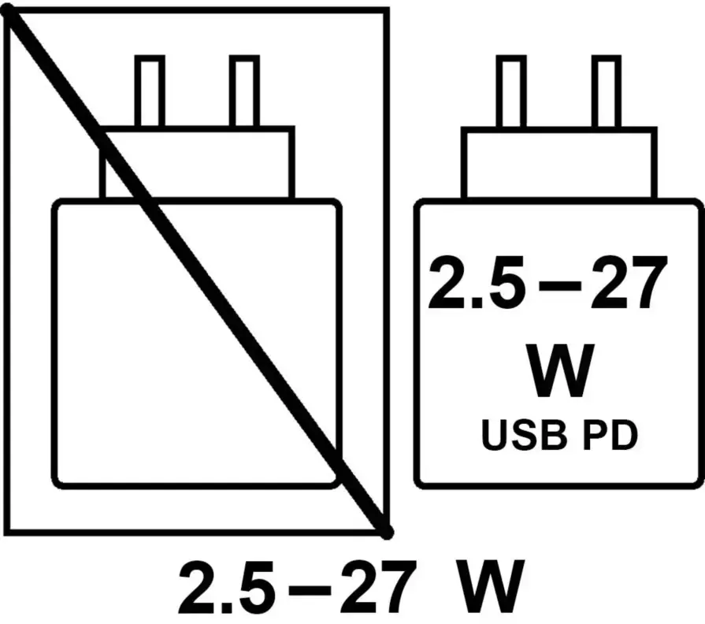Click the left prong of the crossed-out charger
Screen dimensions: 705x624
click(x=150, y=91)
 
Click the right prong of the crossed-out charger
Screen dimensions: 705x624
click(x=244, y=91)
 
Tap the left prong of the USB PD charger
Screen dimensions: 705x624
click(x=511, y=91)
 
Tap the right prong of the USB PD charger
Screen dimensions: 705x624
click(x=607, y=91)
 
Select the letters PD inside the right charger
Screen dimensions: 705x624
click(x=610, y=435)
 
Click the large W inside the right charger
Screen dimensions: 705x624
click(x=561, y=371)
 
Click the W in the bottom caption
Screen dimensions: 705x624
click(x=491, y=587)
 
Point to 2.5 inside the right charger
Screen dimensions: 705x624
click(x=476, y=282)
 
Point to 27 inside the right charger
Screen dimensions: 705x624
click(x=629, y=282)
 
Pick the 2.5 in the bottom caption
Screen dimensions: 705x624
click(x=227, y=588)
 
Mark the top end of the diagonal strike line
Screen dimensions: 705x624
click(x=8, y=12)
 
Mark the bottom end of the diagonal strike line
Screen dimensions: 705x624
click(x=385, y=532)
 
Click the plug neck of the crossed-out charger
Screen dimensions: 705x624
click(x=197, y=162)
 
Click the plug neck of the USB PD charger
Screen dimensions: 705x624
click(x=558, y=163)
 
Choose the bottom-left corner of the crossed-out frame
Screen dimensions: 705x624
click(x=7, y=533)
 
